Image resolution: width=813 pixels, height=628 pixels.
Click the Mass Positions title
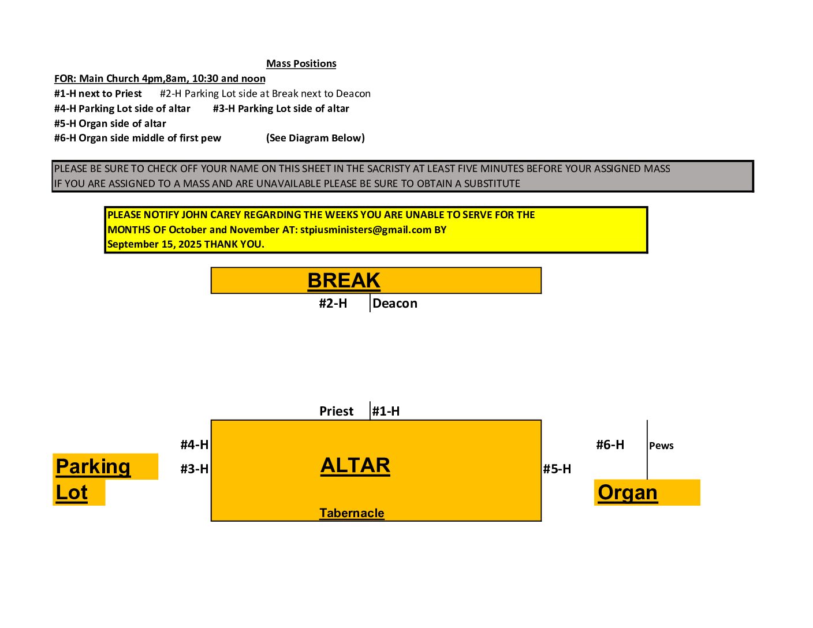point(301,63)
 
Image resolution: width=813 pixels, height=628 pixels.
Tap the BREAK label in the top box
point(344,281)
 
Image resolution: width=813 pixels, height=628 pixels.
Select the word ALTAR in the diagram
point(355,465)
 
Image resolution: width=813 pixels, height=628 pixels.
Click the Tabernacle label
point(352,513)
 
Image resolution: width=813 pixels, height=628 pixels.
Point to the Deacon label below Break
point(395,304)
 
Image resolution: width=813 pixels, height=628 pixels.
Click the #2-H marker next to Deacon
point(333,304)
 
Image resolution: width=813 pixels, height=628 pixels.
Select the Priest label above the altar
point(336,411)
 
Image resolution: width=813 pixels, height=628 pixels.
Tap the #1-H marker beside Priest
point(386,411)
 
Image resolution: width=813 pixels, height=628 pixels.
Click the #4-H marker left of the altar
point(194,444)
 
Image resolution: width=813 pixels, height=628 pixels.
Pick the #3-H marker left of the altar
point(194,469)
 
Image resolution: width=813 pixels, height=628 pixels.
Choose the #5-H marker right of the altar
point(557,469)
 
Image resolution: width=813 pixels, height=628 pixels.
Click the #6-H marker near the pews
point(610,444)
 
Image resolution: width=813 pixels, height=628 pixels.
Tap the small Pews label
point(661,446)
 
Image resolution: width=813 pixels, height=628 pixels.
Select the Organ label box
point(628,492)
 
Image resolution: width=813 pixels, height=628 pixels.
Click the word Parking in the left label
point(93,466)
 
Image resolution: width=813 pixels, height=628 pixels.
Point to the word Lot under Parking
point(72,492)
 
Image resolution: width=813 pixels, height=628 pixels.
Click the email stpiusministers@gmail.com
point(366,230)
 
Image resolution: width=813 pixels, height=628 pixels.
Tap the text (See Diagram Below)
point(315,138)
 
